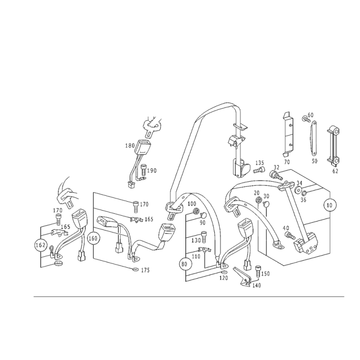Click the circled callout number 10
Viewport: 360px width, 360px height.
pyautogui.click(x=329, y=205)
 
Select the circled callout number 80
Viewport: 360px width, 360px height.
pyautogui.click(x=184, y=264)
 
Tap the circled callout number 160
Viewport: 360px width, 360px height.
pyautogui.click(x=93, y=238)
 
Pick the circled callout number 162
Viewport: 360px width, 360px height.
pyautogui.click(x=40, y=245)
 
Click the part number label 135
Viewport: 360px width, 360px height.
pyautogui.click(x=260, y=163)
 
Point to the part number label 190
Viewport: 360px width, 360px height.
pyautogui.click(x=152, y=171)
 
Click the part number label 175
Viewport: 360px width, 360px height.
pyautogui.click(x=145, y=270)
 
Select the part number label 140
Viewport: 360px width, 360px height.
pyautogui.click(x=256, y=285)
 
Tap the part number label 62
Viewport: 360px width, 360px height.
pyautogui.click(x=335, y=171)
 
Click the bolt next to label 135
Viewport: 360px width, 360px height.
pyautogui.click(x=259, y=171)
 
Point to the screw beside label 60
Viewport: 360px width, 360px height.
pyautogui.click(x=305, y=119)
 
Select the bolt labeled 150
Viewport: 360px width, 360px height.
pyautogui.click(x=257, y=272)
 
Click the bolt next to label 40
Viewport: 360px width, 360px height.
pyautogui.click(x=290, y=235)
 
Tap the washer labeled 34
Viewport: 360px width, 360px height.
pyautogui.click(x=298, y=190)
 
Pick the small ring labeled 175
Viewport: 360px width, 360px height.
pyautogui.click(x=135, y=269)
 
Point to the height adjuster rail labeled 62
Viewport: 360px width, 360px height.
pyautogui.click(x=333, y=146)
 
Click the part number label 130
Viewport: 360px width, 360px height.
pyautogui.click(x=196, y=240)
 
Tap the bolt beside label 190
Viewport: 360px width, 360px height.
pyautogui.click(x=143, y=170)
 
